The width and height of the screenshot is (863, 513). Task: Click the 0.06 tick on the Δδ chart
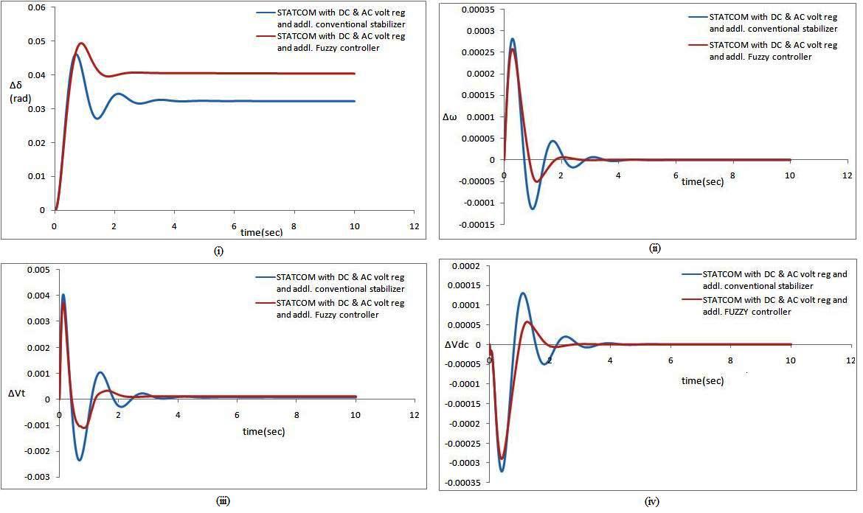coord(35,7)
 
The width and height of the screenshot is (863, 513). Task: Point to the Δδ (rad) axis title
coord(18,92)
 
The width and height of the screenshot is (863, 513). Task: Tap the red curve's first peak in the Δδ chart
coord(81,43)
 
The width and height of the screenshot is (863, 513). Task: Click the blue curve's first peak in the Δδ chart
coord(74,54)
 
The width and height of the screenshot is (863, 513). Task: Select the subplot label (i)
coord(218,251)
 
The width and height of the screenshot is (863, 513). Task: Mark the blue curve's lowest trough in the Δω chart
coord(532,209)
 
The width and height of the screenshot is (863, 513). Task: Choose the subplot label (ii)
coord(655,248)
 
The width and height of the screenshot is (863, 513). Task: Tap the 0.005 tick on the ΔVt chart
coord(40,270)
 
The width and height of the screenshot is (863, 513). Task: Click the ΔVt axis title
coord(18,394)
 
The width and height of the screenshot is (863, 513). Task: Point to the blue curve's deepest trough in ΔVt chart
coord(80,460)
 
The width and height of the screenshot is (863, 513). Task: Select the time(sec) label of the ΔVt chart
coord(263,432)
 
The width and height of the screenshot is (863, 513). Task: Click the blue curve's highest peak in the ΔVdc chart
coord(523,293)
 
